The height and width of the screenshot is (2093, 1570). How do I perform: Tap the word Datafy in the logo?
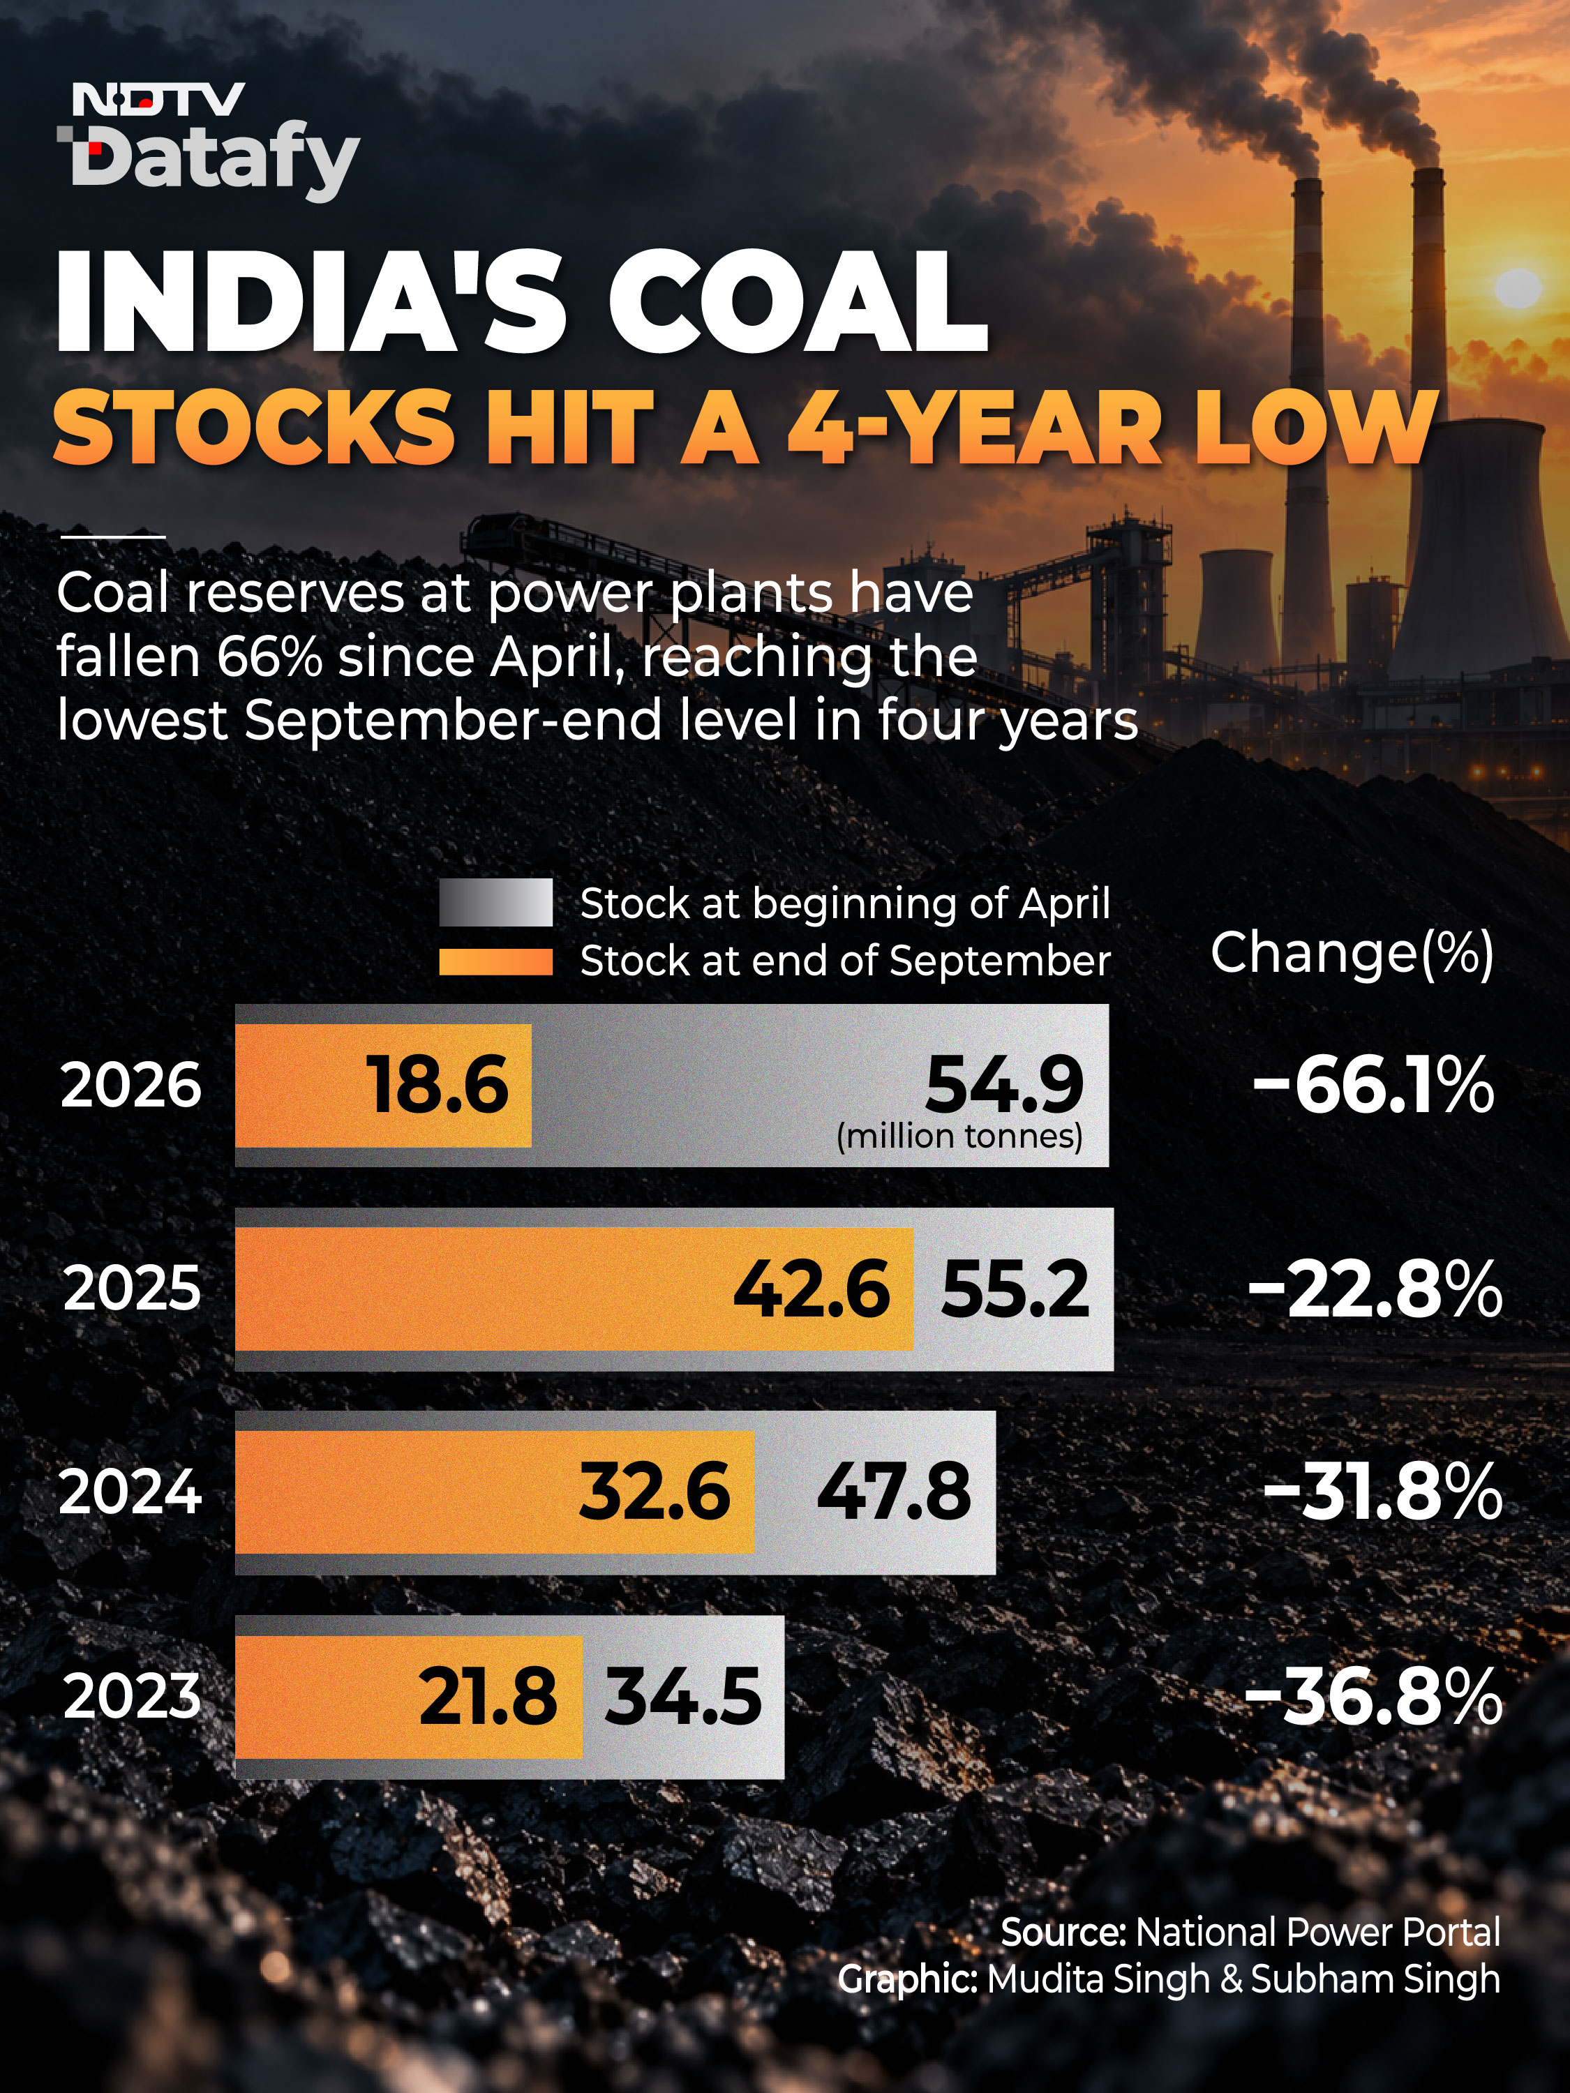tap(216, 163)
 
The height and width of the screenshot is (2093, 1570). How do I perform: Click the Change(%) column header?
tap(1352, 953)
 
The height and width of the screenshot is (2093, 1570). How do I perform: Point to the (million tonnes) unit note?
tap(959, 1135)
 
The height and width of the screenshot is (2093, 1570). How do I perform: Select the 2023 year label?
tap(133, 1697)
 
